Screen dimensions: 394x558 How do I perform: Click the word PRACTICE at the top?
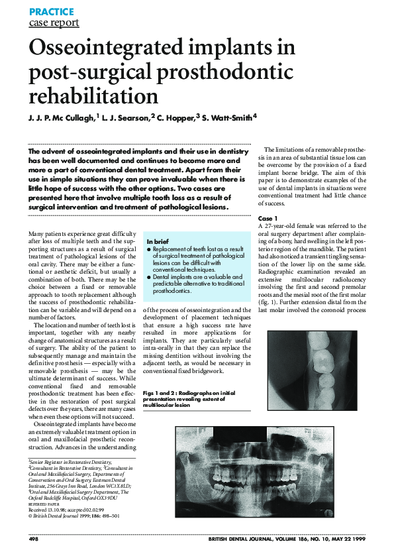click(x=51, y=12)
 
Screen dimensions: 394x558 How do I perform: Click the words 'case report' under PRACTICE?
click(x=54, y=23)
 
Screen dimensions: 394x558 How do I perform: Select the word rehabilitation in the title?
click(x=93, y=96)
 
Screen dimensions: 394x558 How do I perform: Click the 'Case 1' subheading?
click(x=268, y=218)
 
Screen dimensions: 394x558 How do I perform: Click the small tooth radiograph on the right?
click(x=315, y=371)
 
